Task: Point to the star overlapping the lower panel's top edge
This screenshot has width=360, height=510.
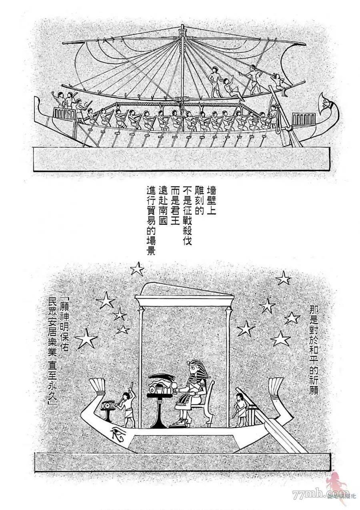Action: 137,269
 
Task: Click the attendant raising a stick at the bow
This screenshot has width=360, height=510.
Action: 127,408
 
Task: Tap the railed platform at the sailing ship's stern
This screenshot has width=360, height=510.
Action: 304,119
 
